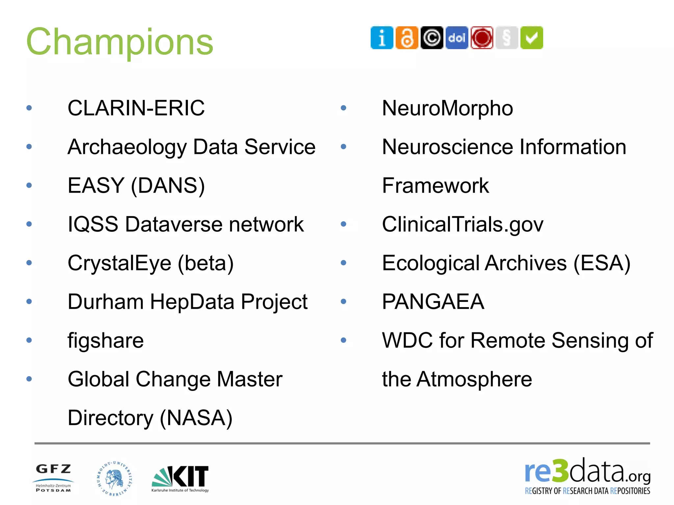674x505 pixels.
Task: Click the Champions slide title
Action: click(120, 42)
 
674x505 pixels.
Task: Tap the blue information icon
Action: click(382, 38)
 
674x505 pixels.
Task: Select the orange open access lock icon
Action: click(407, 38)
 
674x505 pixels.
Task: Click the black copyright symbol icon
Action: click(432, 38)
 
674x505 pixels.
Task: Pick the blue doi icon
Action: click(457, 38)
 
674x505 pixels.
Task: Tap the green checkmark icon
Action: click(531, 38)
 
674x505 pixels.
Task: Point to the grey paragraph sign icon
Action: click(507, 38)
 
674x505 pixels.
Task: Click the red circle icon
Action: click(482, 38)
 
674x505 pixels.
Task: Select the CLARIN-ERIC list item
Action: click(136, 108)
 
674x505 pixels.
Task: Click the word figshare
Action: click(106, 340)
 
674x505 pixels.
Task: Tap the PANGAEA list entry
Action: click(433, 301)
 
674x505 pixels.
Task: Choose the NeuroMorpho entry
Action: click(447, 108)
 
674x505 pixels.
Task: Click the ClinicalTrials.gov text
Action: click(462, 224)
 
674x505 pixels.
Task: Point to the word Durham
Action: click(105, 301)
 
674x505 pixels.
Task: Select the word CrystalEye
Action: click(119, 263)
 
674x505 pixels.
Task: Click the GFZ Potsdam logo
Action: click(53, 478)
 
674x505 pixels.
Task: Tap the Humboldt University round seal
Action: click(115, 478)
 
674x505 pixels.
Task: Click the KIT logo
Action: click(180, 478)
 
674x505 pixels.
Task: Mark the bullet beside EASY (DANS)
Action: click(29, 185)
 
